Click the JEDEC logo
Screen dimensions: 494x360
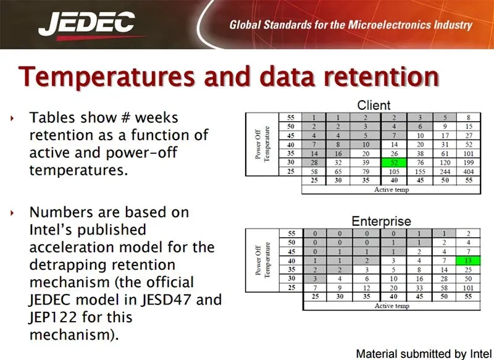87,25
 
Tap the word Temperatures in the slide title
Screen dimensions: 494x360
107,77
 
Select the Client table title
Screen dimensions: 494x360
374,105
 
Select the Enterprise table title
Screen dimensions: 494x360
381,221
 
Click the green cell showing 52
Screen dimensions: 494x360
394,162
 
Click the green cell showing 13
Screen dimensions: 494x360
468,261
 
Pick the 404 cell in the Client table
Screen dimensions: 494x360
469,172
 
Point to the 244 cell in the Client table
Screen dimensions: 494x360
445,172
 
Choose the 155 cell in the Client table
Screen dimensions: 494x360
420,172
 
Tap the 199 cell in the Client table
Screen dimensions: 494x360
469,162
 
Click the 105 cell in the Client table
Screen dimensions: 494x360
394,172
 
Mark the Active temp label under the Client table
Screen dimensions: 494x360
391,190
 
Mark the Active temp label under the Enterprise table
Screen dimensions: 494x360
392,306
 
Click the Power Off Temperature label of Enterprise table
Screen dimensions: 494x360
262,260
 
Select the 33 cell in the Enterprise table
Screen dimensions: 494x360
419,288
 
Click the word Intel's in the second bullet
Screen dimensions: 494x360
88,230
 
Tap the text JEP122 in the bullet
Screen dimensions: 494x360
53,317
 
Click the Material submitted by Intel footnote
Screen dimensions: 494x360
424,354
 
